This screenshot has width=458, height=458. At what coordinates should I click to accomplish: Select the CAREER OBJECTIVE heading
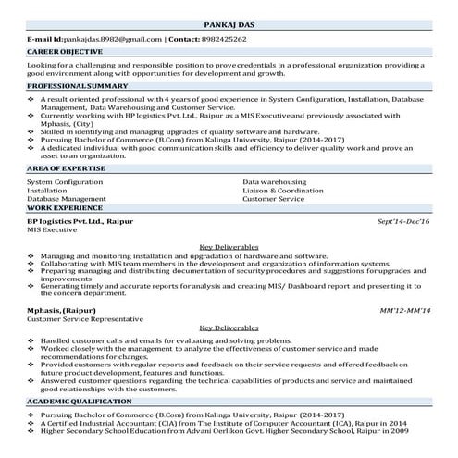64,55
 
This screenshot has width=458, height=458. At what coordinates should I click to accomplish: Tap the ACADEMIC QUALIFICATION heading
78,403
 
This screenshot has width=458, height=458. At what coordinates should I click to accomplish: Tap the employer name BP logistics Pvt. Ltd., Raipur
80,223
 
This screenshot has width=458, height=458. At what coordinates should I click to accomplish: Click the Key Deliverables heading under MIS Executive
229,247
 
